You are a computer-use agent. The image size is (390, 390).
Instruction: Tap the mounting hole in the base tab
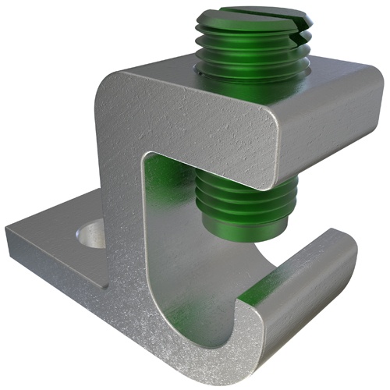point(90,232)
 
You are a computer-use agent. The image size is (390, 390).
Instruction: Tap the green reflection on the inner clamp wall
point(168,203)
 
